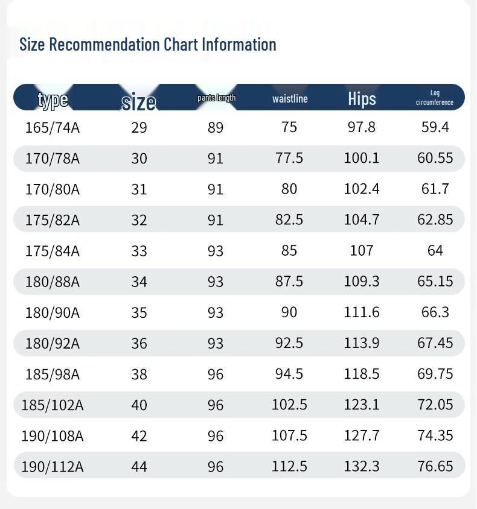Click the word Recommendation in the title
pyautogui.click(x=106, y=45)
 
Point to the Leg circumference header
pyautogui.click(x=435, y=98)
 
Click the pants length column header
pyautogui.click(x=216, y=98)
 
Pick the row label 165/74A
pyautogui.click(x=53, y=127)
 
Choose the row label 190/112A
pyautogui.click(x=53, y=466)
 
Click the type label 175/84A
pyautogui.click(x=53, y=250)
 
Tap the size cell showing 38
pyautogui.click(x=139, y=374)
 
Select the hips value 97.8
pyautogui.click(x=362, y=127)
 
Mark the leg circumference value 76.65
pyautogui.click(x=435, y=466)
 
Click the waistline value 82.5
pyautogui.click(x=289, y=220)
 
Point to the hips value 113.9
pyautogui.click(x=362, y=343)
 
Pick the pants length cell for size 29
pyautogui.click(x=216, y=127)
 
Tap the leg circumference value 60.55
pyautogui.click(x=435, y=158)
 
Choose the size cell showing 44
pyautogui.click(x=139, y=466)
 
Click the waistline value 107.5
pyautogui.click(x=289, y=435)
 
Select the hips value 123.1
pyautogui.click(x=362, y=405)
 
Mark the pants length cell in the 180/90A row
pyautogui.click(x=216, y=312)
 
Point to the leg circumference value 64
pyautogui.click(x=435, y=250)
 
